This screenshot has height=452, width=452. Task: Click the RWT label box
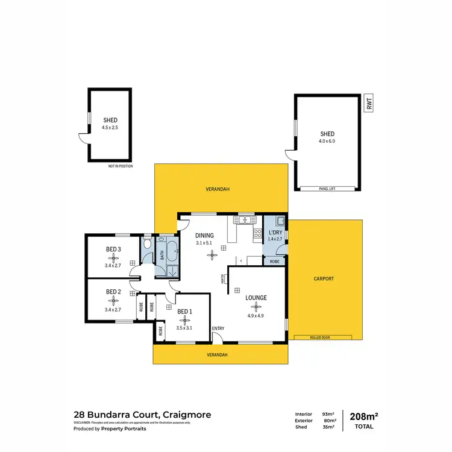point(368,103)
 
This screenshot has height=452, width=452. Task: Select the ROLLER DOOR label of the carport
point(319,337)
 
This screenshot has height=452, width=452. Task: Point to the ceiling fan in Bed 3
point(113,257)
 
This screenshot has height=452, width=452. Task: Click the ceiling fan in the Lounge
point(256,306)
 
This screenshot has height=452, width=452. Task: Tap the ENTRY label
point(218,328)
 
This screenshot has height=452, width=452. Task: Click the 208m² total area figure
point(364,415)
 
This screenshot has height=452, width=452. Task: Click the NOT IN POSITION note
point(121,166)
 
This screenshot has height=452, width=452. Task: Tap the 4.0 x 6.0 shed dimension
point(327,140)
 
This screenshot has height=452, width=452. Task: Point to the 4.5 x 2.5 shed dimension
point(110,127)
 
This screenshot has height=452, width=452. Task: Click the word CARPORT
point(324,279)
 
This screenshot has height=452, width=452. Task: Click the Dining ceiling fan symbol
point(211,254)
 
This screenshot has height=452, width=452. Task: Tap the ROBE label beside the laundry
point(274,262)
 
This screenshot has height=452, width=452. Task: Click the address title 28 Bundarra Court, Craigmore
point(142,415)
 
